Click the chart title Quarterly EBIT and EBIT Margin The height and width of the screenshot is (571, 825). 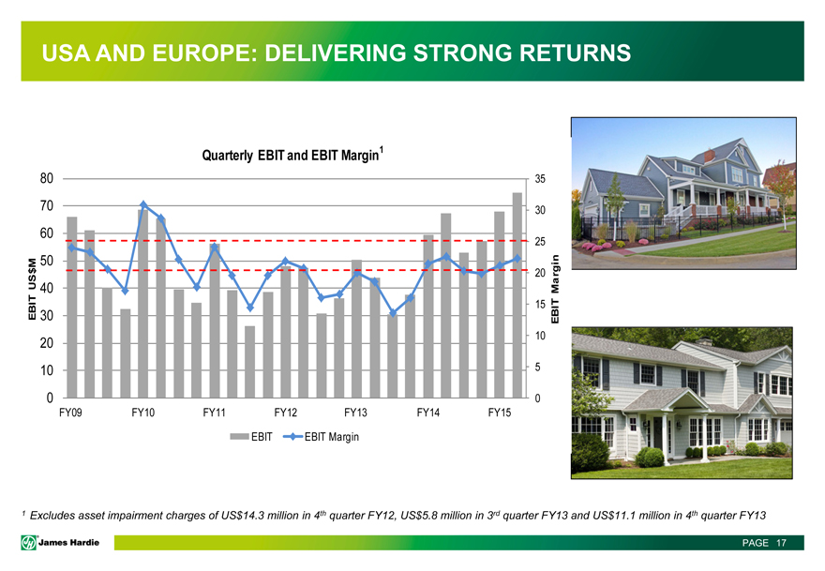tap(291, 156)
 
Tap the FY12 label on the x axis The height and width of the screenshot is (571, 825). tap(286, 413)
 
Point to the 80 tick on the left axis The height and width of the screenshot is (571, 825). tap(47, 178)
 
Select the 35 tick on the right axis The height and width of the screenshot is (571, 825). tap(541, 179)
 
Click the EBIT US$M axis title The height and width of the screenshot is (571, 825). tap(33, 289)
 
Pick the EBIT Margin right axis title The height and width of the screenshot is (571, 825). tap(555, 289)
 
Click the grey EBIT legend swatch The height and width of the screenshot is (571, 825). tap(239, 437)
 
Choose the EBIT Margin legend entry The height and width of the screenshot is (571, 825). tap(321, 437)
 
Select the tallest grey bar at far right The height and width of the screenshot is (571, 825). tap(517, 295)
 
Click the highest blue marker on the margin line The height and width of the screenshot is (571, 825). tap(143, 204)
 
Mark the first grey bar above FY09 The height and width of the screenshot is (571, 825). tap(72, 308)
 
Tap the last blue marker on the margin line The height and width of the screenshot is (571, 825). tap(517, 258)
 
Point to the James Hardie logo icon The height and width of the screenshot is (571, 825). tap(29, 543)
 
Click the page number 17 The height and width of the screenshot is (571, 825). tap(781, 543)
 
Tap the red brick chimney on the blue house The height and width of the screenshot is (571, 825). tap(710, 156)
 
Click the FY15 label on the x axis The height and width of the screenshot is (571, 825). tap(500, 413)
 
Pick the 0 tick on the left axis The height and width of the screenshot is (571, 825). tap(50, 398)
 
